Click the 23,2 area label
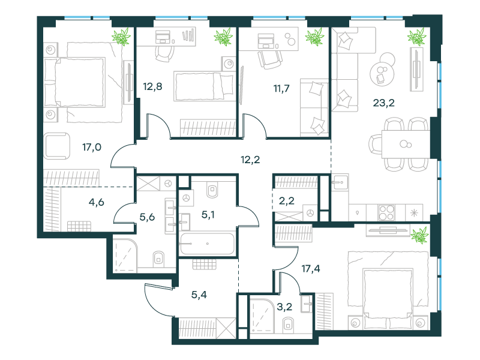(x=383, y=103)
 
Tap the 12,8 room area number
(x=152, y=86)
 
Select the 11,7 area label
(x=281, y=88)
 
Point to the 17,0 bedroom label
(x=92, y=147)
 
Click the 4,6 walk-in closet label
(x=96, y=202)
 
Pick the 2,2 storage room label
(x=287, y=201)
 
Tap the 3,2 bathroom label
(x=284, y=307)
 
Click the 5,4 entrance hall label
(x=199, y=295)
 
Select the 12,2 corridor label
(x=250, y=160)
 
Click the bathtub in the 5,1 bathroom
(x=207, y=244)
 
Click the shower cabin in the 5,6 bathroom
(x=125, y=256)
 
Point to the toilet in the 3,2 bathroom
(x=288, y=325)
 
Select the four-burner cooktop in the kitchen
(x=386, y=212)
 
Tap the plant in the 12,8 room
(x=223, y=37)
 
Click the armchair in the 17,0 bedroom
(x=56, y=146)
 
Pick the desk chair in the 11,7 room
(x=269, y=59)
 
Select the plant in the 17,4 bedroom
(x=419, y=235)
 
